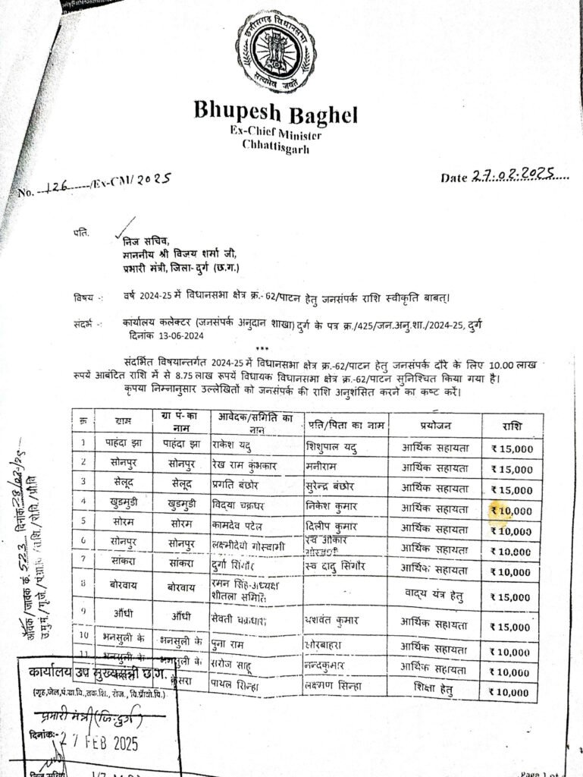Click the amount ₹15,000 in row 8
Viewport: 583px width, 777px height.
coord(512,597)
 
